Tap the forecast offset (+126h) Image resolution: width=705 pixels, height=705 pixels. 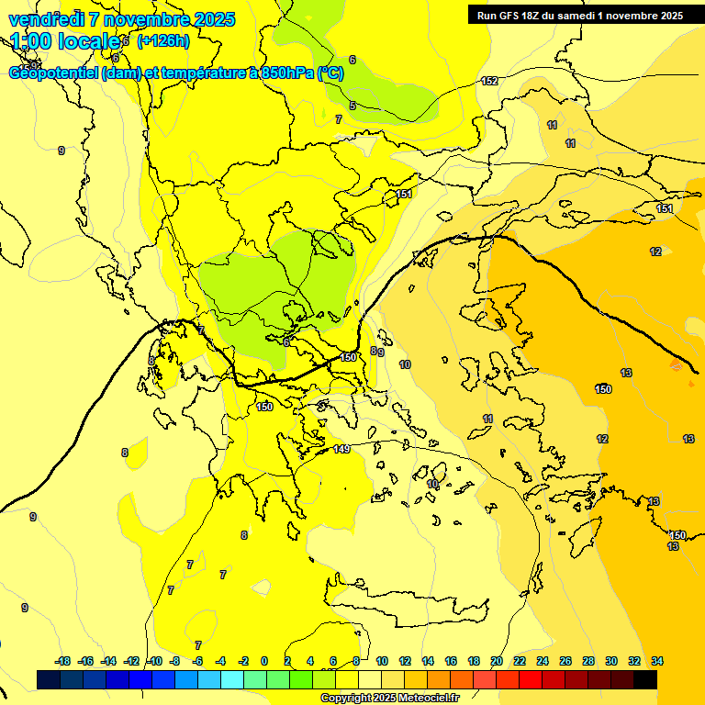tap(163, 40)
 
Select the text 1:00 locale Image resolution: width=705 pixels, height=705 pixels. tap(65, 41)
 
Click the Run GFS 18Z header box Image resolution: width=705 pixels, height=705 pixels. tap(579, 15)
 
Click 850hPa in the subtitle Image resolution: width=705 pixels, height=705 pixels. tap(285, 73)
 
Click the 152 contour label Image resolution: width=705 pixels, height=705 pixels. tap(489, 81)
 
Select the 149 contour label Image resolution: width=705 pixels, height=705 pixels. tap(341, 449)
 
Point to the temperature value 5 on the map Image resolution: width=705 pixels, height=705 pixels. tap(352, 106)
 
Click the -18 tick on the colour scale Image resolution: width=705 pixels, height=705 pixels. tap(63, 661)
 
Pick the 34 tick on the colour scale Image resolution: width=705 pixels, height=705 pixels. tap(657, 661)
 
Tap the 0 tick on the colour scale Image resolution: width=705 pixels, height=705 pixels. tap(264, 661)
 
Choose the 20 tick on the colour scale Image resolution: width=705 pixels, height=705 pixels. tap(497, 661)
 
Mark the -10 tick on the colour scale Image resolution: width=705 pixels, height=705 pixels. tap(154, 661)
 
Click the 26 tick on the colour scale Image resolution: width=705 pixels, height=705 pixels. tap(565, 661)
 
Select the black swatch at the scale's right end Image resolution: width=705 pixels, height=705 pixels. tap(645, 679)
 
